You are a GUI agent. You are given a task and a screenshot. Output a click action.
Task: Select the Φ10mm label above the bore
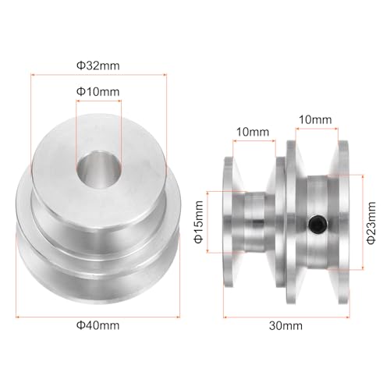(98, 92)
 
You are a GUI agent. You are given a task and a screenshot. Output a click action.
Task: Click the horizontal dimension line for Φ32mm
(97, 74)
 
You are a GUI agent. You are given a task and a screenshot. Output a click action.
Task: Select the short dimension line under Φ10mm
(98, 101)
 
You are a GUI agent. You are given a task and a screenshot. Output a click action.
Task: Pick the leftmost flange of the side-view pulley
(229, 226)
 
